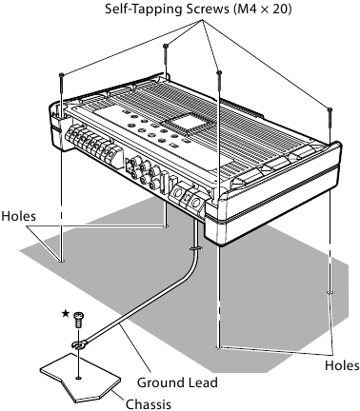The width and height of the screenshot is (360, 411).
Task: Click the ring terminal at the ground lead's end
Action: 79,344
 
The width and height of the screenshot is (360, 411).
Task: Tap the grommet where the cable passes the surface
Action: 194,250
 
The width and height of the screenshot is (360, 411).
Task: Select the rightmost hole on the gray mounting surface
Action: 329,292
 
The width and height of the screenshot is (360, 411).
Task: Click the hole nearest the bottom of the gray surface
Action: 220,347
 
